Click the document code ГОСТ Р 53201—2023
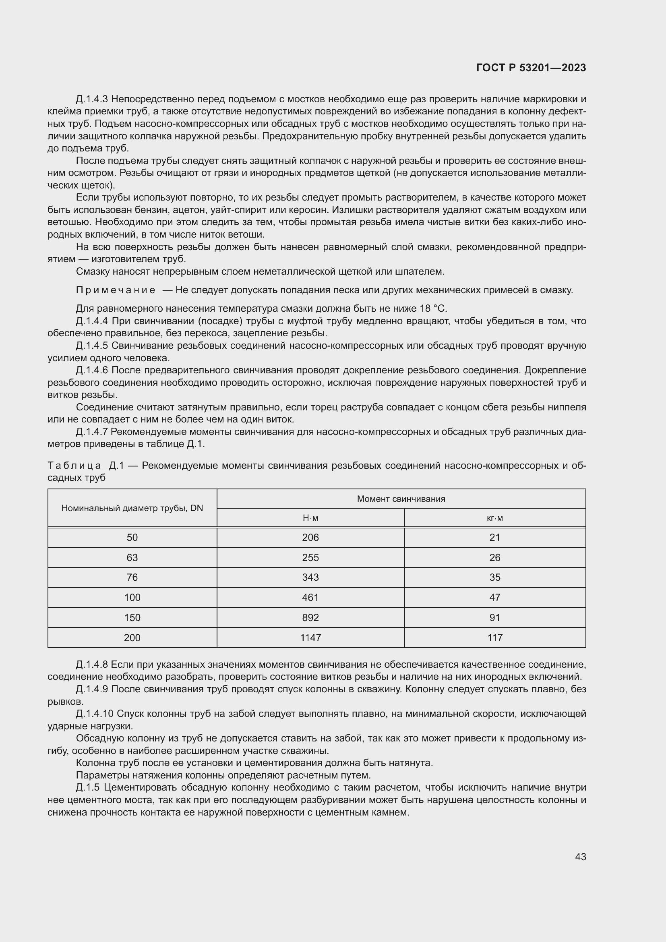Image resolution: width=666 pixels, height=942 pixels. pyautogui.click(x=531, y=68)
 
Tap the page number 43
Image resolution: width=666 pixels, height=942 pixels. pyautogui.click(x=580, y=857)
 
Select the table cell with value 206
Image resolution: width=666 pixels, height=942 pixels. pyautogui.click(x=310, y=538)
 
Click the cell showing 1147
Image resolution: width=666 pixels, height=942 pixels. pyautogui.click(x=310, y=638)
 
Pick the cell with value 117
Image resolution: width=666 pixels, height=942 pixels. pyautogui.click(x=494, y=638)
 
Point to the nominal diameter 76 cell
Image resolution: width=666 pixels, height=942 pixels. pyautogui.click(x=132, y=577)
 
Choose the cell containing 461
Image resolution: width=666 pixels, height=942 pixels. pyautogui.click(x=310, y=597)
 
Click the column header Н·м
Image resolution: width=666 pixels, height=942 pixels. pyautogui.click(x=310, y=518)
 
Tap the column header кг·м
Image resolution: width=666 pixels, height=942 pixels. pyautogui.click(x=494, y=518)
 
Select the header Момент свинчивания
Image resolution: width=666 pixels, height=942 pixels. pyautogui.click(x=401, y=499)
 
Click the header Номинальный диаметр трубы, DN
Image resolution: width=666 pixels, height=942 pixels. pyautogui.click(x=132, y=508)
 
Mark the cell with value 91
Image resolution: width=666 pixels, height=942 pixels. pyautogui.click(x=494, y=617)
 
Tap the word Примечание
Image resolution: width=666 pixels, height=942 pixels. pyautogui.click(x=115, y=290)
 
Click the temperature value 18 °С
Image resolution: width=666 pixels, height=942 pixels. pyautogui.click(x=432, y=308)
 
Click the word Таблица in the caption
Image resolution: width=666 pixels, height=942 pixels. pyautogui.click(x=74, y=466)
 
